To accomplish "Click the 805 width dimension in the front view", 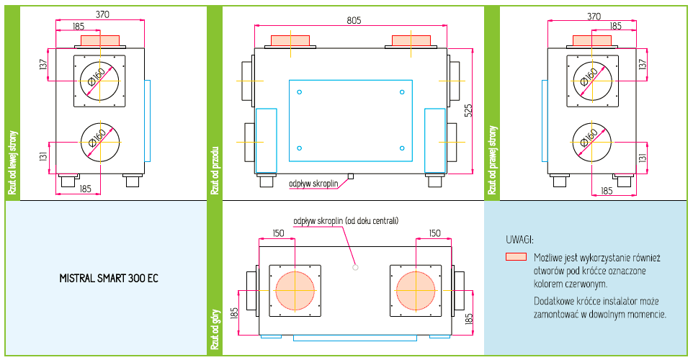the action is point(354,20).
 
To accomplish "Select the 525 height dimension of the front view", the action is point(468,110).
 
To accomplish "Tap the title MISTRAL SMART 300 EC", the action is point(109,279).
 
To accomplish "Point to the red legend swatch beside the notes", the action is point(517,256).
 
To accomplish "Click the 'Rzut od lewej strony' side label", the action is point(12,162).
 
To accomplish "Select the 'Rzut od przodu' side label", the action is point(215,171).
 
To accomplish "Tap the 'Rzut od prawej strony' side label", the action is point(492,160).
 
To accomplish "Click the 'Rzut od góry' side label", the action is point(215,329).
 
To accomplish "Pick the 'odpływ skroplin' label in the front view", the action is point(313,184).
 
